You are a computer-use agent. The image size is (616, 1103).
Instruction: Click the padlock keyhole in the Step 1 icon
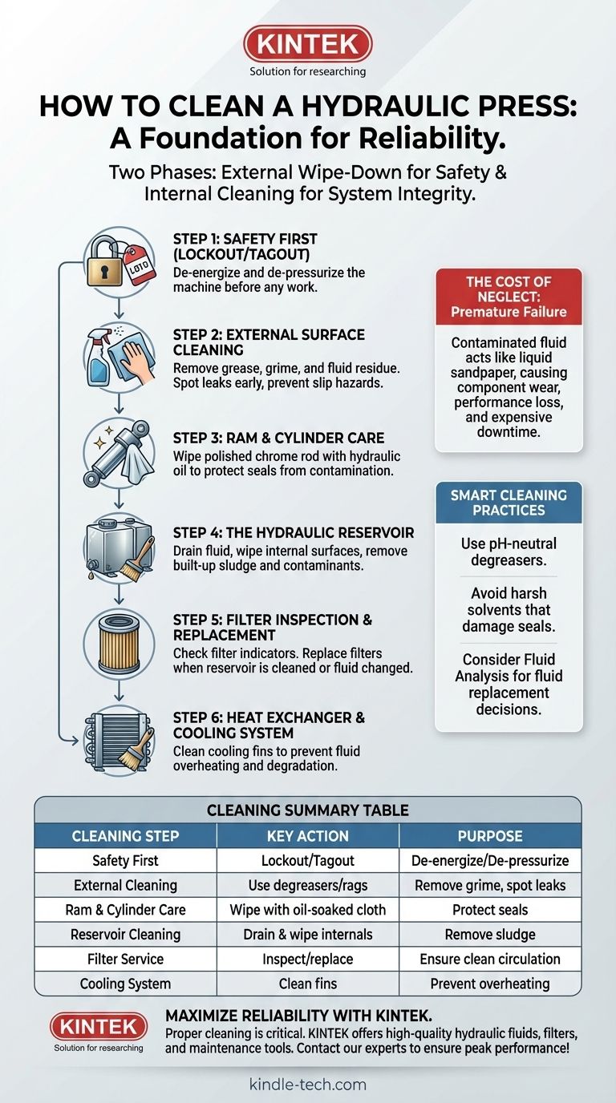point(104,272)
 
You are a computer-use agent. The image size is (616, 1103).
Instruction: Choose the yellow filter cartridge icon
point(119,643)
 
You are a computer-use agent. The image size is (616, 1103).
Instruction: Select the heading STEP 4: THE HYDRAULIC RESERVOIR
point(294,533)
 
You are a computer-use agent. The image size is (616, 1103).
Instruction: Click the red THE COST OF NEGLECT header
point(509,297)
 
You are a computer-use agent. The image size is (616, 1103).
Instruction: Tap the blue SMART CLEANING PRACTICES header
point(509,503)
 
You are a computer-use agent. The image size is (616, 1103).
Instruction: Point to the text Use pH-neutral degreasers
point(509,551)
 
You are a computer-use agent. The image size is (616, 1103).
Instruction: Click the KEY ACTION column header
point(307,835)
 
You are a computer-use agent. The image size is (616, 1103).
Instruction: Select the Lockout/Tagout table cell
point(307,860)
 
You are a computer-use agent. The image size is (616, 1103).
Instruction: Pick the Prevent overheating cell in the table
point(490,984)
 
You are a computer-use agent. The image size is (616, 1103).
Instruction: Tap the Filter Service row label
point(125,959)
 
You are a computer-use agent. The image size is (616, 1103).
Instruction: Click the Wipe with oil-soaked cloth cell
point(307,910)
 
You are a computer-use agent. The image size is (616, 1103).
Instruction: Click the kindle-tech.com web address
point(307,1084)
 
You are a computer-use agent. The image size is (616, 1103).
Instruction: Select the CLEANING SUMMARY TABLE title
point(307,810)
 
